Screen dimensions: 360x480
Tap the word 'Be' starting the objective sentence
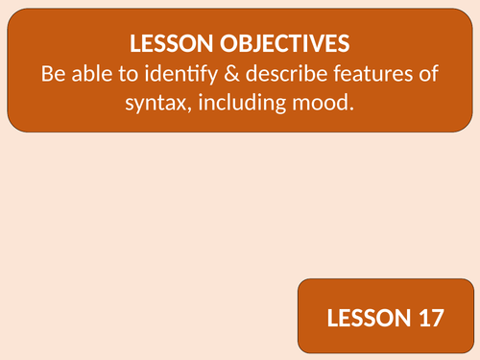pos(55,73)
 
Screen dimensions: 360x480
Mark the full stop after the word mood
pos(351,105)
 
